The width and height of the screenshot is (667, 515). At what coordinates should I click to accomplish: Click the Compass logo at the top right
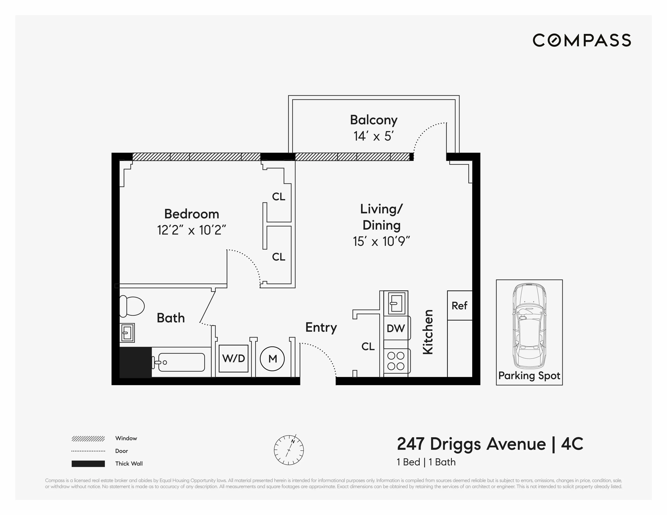point(582,40)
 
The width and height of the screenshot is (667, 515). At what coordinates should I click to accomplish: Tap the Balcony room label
point(373,120)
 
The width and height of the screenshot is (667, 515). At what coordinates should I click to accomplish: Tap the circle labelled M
point(272,359)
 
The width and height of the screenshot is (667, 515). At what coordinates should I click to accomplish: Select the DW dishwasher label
point(396,328)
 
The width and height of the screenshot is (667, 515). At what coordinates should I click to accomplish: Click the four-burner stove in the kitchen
point(396,361)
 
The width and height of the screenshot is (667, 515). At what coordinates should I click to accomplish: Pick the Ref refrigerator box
point(459,306)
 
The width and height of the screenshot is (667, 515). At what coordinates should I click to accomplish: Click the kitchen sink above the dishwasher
point(396,303)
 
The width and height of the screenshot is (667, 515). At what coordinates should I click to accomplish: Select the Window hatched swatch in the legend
point(88,439)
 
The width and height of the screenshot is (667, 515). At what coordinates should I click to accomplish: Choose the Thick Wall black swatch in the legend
point(88,464)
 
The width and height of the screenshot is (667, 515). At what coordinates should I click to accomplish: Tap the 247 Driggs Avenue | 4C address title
point(490,444)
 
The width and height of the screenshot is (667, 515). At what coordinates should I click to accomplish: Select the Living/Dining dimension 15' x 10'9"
point(381,242)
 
